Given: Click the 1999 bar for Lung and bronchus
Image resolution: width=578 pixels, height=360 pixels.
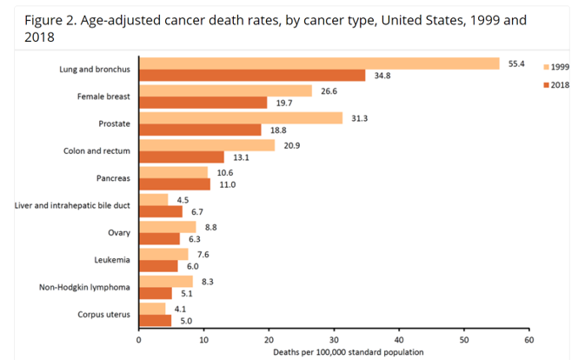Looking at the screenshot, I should point(319,63).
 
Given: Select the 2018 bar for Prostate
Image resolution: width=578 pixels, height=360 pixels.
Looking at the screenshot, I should point(200,130).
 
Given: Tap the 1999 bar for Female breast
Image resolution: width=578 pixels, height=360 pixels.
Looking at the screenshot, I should point(225,90).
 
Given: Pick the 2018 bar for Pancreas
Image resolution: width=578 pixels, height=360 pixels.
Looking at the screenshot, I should point(175,184).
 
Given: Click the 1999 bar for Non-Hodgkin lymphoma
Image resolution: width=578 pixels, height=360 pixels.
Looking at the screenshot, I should point(166,281).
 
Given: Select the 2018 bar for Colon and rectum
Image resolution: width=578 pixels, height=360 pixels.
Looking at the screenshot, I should point(182,157).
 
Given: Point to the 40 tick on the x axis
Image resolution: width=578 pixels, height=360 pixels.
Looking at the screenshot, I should point(399,340).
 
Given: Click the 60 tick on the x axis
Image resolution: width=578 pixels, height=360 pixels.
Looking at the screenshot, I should point(528,340).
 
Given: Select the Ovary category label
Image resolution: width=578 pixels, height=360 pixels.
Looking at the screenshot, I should point(117,232).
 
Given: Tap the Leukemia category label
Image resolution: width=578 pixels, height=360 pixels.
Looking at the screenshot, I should point(111,259).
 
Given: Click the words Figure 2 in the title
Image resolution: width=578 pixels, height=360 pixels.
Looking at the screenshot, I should point(51,19).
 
